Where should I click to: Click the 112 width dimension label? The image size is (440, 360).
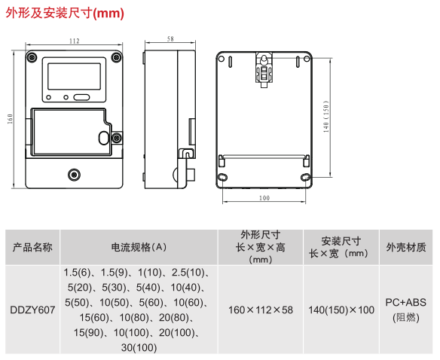[75, 41]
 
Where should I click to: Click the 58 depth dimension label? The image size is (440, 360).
[170, 39]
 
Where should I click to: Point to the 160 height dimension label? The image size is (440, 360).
[10, 119]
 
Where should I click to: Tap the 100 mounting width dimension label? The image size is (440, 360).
[264, 198]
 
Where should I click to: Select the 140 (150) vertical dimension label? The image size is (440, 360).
[325, 117]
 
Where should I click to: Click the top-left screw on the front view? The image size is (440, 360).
[32, 57]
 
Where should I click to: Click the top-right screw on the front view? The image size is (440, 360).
[116, 57]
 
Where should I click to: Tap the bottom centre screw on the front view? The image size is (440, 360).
[74, 175]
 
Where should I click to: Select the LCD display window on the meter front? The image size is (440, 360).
[74, 76]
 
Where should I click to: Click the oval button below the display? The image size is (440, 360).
[81, 97]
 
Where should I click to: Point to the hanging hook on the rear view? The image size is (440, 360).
[264, 69]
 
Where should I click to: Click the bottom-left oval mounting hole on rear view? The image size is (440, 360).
[222, 177]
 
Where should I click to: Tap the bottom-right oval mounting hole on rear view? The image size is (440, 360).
[305, 177]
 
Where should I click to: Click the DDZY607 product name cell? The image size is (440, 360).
[32, 310]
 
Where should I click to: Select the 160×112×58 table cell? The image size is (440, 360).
[261, 310]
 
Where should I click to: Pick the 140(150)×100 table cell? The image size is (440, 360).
[341, 310]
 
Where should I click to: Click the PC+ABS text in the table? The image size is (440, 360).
[406, 303]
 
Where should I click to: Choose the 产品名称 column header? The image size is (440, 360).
[32, 247]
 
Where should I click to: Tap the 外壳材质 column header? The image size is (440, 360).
[406, 247]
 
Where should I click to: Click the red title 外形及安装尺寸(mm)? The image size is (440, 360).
[65, 14]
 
